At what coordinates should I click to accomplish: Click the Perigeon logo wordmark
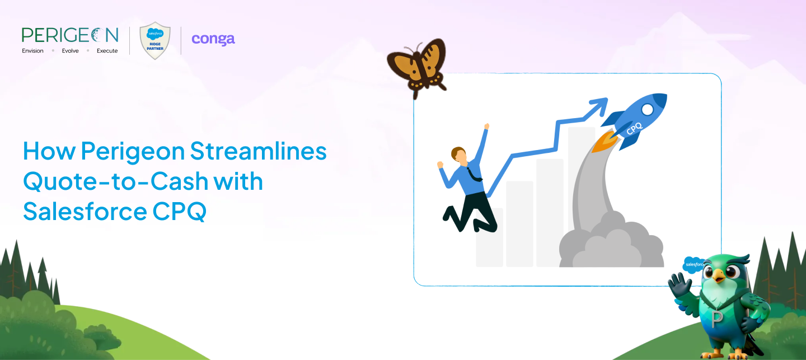[x=70, y=35]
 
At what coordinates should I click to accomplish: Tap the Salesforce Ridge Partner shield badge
[x=155, y=41]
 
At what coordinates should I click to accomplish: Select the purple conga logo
[x=213, y=39]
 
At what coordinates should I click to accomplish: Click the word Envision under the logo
[x=32, y=51]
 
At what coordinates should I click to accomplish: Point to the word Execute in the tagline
[x=107, y=51]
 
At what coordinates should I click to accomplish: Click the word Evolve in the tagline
[x=70, y=51]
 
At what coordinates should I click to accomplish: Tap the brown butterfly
[x=418, y=67]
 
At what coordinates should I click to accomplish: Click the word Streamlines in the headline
[x=259, y=151]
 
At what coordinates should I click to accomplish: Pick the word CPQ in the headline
[x=180, y=211]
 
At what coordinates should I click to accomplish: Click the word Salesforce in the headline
[x=85, y=211]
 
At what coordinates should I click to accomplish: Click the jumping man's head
[x=459, y=155]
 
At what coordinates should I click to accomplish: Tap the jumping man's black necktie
[x=475, y=175]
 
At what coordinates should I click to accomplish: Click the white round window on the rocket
[x=647, y=109]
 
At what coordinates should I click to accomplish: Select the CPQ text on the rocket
[x=634, y=129]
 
